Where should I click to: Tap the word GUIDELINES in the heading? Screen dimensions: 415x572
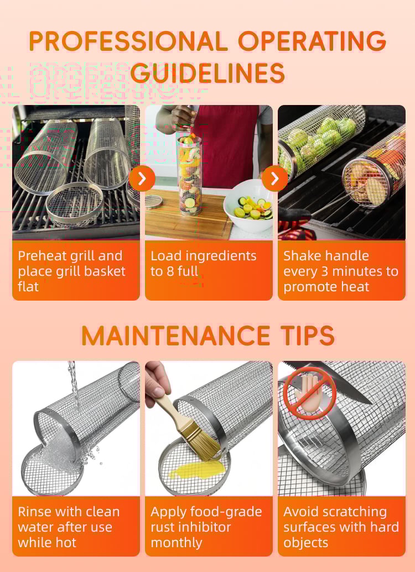tap(207, 73)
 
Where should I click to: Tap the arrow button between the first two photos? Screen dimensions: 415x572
tap(142, 179)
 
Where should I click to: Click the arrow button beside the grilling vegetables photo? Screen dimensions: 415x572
tap(274, 179)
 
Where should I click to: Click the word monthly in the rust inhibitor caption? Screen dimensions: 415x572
tap(177, 543)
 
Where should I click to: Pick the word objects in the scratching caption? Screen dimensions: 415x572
tap(306, 543)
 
